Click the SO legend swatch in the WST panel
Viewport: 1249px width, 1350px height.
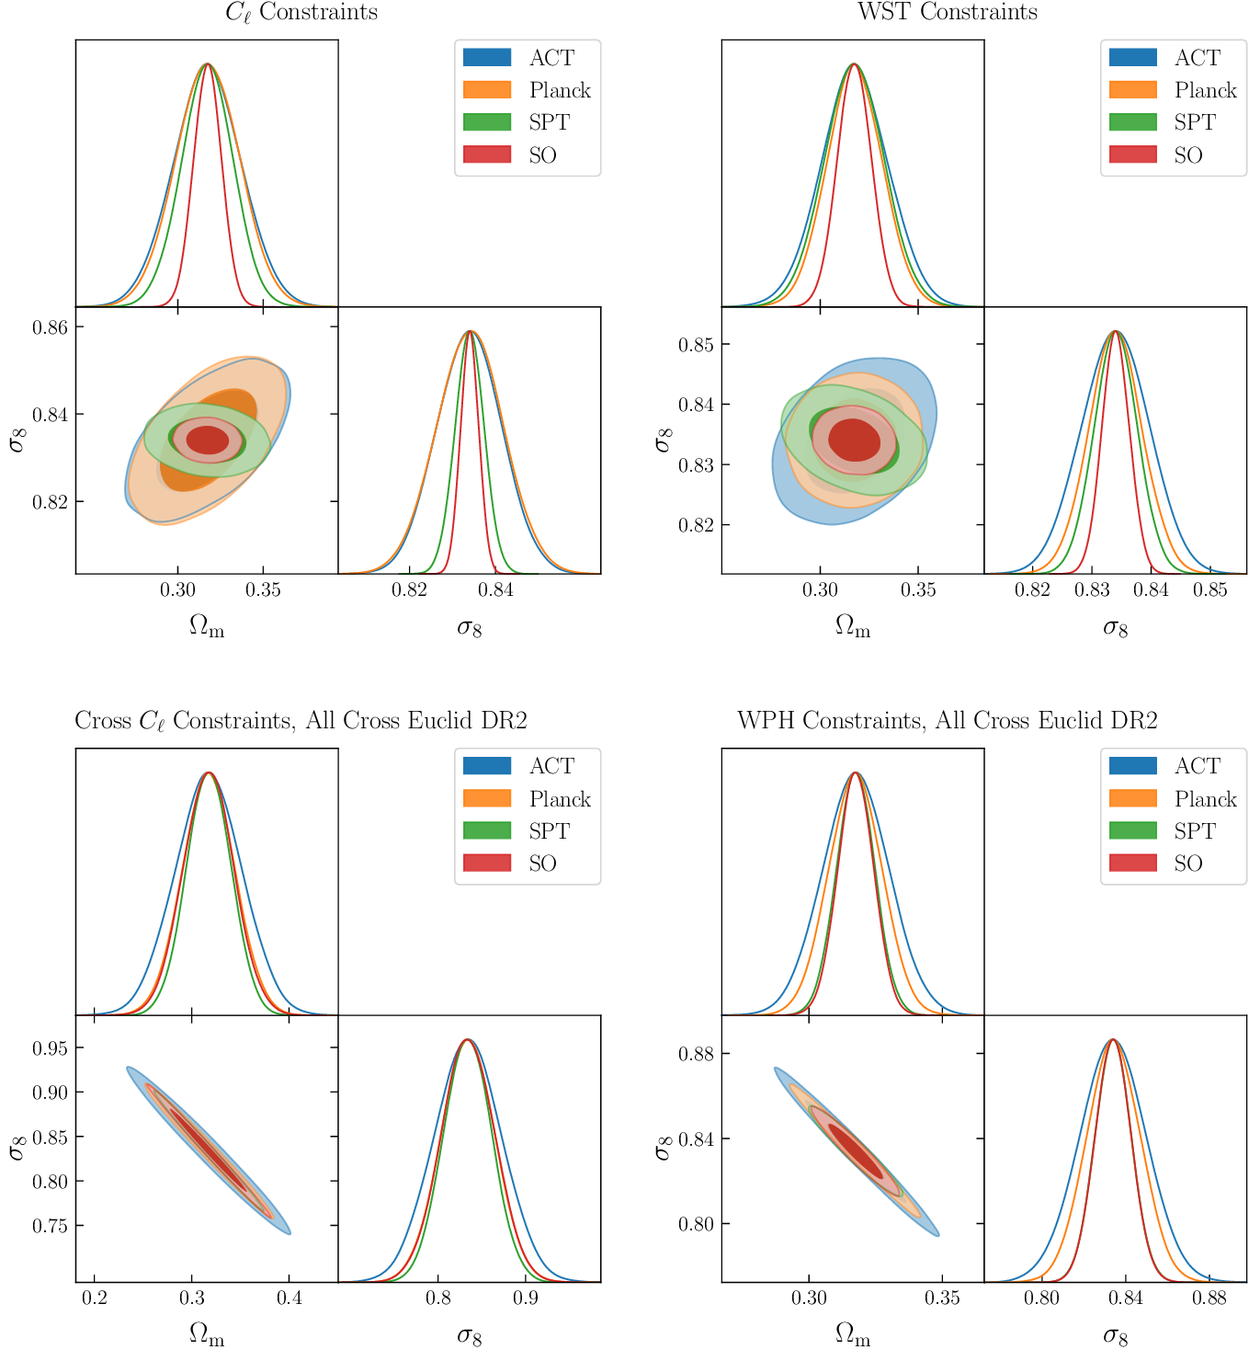1132,154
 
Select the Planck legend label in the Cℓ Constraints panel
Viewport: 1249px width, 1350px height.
560,90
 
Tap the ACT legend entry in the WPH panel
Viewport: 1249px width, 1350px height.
1197,766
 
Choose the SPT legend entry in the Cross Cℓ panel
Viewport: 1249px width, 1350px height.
549,830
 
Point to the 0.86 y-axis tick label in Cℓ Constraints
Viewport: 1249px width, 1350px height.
51,327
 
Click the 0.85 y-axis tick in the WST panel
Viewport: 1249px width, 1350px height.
696,345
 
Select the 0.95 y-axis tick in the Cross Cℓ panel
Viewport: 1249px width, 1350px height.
51,1048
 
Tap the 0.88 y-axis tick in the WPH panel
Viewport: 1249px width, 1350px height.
696,1053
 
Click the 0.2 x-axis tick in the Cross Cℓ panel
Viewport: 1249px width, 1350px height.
94,1298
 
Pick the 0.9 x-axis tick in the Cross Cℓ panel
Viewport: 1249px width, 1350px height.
526,1298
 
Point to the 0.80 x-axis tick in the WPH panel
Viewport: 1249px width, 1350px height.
1041,1298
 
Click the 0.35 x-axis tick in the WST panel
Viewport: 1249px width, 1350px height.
918,589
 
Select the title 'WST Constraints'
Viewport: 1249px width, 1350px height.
947,12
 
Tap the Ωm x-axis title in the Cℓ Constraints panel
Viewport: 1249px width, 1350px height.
207,626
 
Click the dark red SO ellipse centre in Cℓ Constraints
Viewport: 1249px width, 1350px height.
207,440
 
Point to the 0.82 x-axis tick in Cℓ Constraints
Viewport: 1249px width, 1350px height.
409,589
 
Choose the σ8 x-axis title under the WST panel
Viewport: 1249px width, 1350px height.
1115,628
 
